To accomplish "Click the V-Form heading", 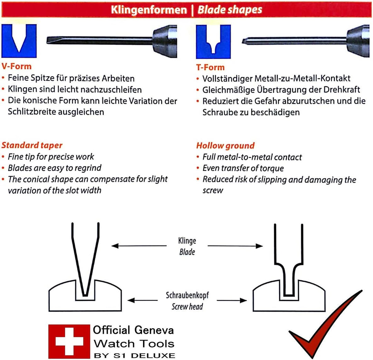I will pyautogui.click(x=16, y=66).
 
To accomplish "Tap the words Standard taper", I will pyautogui.click(x=32, y=145).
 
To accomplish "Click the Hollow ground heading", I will pyautogui.click(x=225, y=146).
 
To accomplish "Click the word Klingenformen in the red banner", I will pyautogui.click(x=149, y=10).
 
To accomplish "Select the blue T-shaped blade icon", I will pyautogui.click(x=213, y=42).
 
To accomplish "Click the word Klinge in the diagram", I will pyautogui.click(x=187, y=241).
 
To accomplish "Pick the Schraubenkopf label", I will pyautogui.click(x=187, y=295).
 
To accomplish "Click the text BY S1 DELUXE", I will pyautogui.click(x=134, y=355).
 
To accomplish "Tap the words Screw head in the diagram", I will pyautogui.click(x=187, y=306).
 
